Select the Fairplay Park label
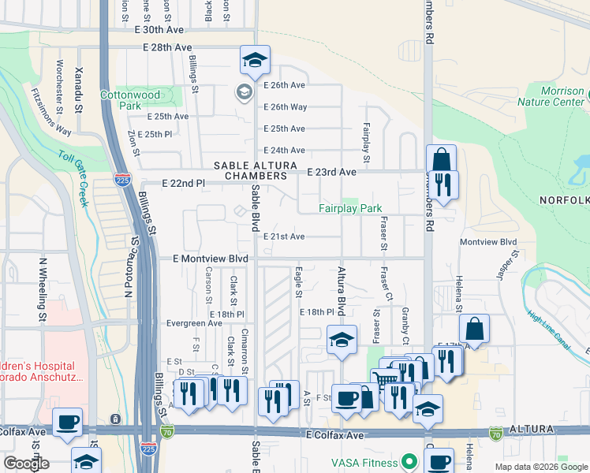point(350,209)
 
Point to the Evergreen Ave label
point(194,323)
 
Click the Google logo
point(26,464)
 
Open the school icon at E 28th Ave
point(255,59)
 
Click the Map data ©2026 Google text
point(540,467)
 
